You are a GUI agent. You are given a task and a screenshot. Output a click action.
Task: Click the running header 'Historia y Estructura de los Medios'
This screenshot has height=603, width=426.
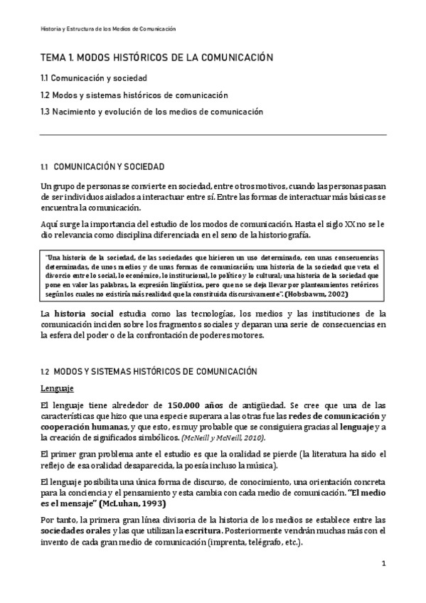107,28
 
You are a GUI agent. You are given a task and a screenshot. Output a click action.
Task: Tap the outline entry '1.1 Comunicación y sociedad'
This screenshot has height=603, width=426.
93,78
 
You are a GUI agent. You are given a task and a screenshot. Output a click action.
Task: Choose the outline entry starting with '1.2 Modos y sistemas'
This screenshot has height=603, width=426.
134,95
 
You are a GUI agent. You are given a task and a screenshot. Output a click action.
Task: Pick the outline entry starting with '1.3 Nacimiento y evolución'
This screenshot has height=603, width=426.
151,112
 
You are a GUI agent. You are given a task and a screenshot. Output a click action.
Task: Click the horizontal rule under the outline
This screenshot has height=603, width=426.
213,135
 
